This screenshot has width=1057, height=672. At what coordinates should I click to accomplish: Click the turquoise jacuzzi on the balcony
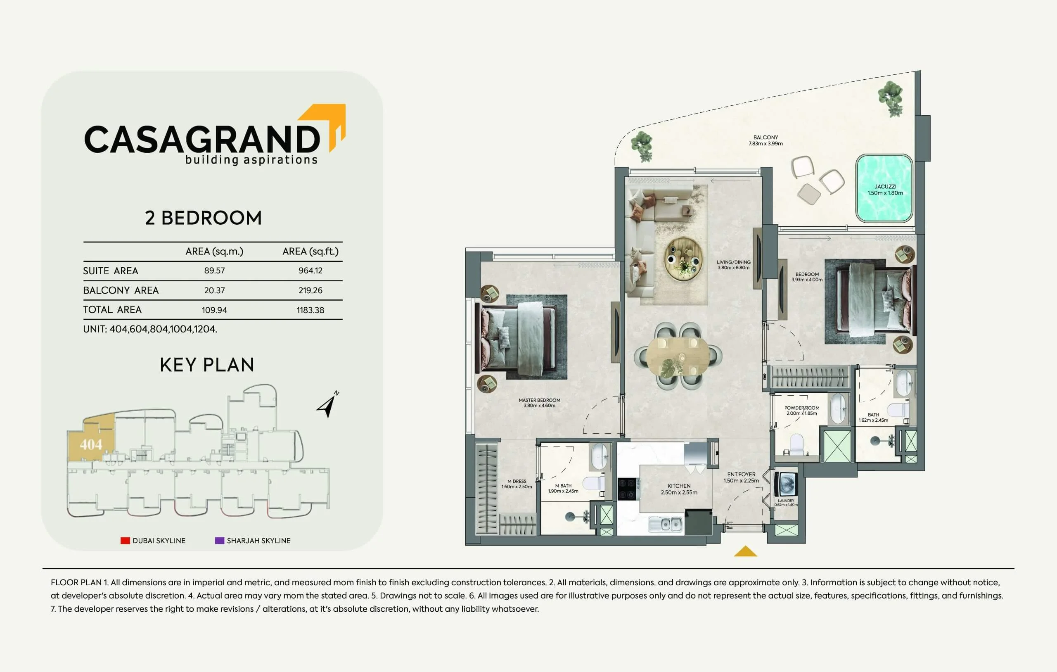884,188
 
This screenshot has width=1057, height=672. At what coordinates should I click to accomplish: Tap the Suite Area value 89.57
214,271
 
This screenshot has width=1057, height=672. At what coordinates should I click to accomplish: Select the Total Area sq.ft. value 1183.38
310,310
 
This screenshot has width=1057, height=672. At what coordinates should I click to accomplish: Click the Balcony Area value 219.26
310,290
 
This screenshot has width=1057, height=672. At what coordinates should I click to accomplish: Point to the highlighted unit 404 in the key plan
91,444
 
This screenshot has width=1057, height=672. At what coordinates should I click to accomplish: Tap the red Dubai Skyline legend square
125,540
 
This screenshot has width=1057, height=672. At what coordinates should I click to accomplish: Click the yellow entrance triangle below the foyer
745,551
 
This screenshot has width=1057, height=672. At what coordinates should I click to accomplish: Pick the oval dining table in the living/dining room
678,356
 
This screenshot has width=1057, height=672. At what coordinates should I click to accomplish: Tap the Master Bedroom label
540,403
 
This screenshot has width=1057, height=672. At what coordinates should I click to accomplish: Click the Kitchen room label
679,486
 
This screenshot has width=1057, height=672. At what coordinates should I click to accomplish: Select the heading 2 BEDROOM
203,218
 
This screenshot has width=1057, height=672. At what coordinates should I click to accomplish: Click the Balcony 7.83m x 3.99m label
765,140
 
